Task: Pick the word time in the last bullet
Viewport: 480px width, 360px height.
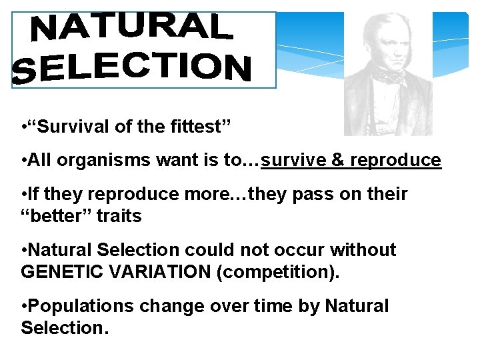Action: (x=270, y=306)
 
